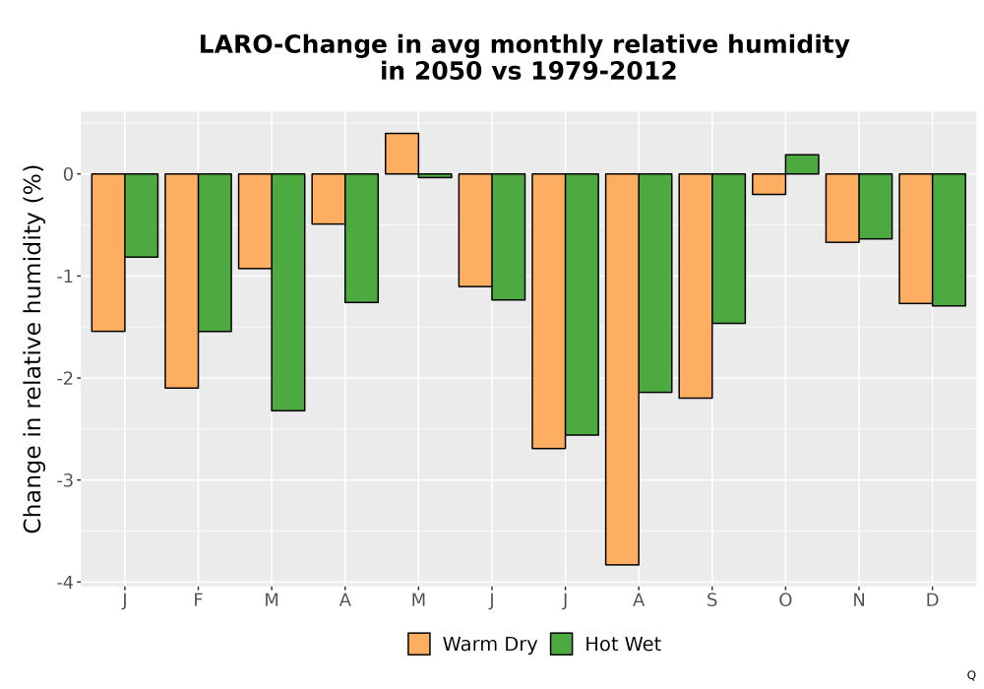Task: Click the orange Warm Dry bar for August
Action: (622, 369)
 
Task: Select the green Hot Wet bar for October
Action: (802, 164)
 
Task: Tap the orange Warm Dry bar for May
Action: (401, 154)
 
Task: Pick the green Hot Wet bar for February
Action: (215, 252)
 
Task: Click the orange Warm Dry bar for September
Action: (696, 285)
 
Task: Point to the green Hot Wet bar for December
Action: (949, 240)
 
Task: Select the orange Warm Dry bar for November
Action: (842, 208)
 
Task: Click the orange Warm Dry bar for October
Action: (769, 184)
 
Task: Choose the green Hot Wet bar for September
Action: (728, 248)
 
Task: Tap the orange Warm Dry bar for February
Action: (181, 282)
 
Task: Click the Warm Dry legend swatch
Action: (419, 644)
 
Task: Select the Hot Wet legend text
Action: (623, 644)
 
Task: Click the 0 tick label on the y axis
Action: (69, 174)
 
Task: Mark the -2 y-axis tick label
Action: (65, 378)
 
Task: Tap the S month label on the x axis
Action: (711, 600)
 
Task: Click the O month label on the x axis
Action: (785, 600)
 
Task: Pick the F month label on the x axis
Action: (198, 600)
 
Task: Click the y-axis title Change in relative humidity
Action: (32, 349)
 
